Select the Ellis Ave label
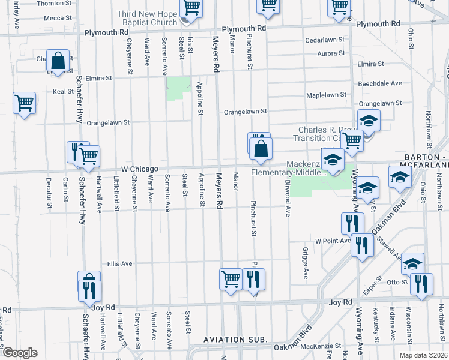tap(119, 263)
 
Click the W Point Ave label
tap(332, 241)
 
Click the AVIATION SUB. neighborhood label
tap(235, 340)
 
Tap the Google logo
tap(20, 353)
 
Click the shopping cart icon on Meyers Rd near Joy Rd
tap(231, 280)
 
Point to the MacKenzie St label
tap(321, 346)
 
